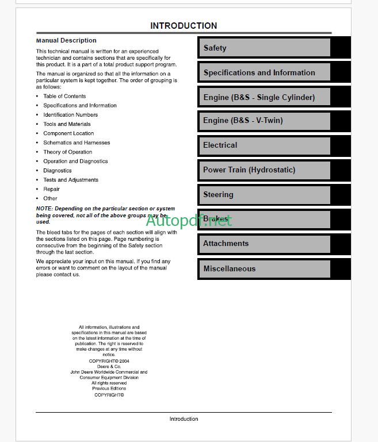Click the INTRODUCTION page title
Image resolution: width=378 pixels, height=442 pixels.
coord(184,26)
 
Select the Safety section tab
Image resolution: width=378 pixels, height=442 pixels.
coord(264,48)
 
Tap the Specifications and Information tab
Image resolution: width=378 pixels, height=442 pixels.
coord(264,72)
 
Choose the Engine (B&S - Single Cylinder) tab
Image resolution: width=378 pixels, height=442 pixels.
coord(264,97)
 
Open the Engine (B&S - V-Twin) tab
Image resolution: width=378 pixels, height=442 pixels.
coord(264,121)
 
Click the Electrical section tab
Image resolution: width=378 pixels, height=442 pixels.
coord(264,145)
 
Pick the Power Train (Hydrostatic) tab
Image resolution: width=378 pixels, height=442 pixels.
coord(264,170)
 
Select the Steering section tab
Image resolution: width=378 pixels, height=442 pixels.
coord(264,195)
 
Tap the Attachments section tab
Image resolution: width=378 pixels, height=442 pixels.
coord(264,244)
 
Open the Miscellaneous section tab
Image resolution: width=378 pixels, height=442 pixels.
coord(264,269)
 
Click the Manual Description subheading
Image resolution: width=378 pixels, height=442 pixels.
coord(66,41)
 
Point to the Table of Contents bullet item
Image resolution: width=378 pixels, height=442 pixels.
coord(64,97)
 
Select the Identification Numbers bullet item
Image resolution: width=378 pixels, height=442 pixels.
coord(70,115)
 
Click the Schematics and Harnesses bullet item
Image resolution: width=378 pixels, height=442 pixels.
coord(77,143)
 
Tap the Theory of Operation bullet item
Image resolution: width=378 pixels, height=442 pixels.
coord(67,152)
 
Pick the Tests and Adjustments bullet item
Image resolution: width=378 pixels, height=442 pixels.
coord(71,180)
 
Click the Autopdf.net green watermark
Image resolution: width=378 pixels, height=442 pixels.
coord(189,220)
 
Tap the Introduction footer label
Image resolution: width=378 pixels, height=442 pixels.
coord(184,419)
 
